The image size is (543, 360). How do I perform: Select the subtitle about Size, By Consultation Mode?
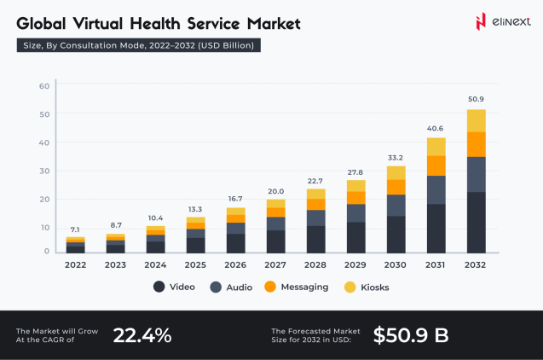click(138, 45)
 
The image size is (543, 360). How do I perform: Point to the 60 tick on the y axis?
click(44, 85)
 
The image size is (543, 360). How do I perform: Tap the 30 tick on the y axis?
click(44, 171)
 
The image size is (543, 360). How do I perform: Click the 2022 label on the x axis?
click(76, 264)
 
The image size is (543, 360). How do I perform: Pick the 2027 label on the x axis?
click(276, 264)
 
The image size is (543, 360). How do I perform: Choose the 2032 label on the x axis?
click(476, 264)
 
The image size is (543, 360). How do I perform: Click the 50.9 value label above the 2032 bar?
click(476, 99)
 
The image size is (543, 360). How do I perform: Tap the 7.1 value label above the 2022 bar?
click(76, 229)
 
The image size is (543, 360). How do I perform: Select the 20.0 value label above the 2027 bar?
click(276, 191)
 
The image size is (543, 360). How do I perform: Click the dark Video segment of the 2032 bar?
click(476, 223)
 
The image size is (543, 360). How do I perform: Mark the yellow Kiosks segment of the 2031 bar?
click(436, 146)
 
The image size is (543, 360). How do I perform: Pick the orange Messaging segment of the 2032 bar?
click(476, 144)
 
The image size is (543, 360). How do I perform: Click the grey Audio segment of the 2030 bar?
click(396, 205)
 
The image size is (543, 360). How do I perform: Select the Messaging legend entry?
click(296, 287)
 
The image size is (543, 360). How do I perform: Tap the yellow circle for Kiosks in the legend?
click(349, 287)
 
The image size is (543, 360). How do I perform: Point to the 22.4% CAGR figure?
click(142, 335)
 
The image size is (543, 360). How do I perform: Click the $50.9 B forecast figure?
click(411, 335)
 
